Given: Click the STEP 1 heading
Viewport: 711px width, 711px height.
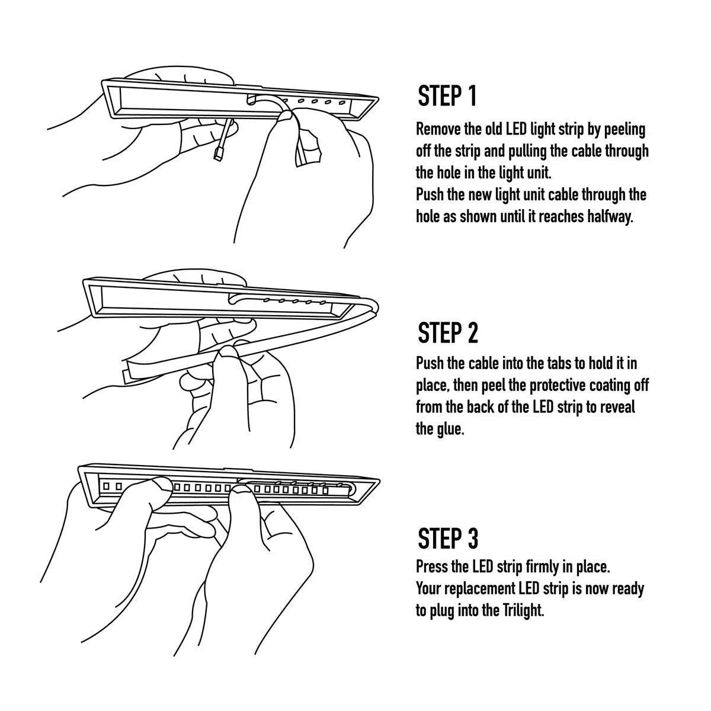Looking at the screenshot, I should click(447, 97).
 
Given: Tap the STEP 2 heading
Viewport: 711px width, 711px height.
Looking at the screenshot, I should click(447, 333).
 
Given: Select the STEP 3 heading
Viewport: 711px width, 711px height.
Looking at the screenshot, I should click(447, 538).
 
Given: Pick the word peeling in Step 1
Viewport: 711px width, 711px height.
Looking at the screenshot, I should click(624, 129).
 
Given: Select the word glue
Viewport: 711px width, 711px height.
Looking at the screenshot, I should click(451, 429).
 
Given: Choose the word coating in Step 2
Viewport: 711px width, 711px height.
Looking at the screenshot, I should click(614, 385).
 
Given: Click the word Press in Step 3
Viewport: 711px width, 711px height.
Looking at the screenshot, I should click(432, 567).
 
